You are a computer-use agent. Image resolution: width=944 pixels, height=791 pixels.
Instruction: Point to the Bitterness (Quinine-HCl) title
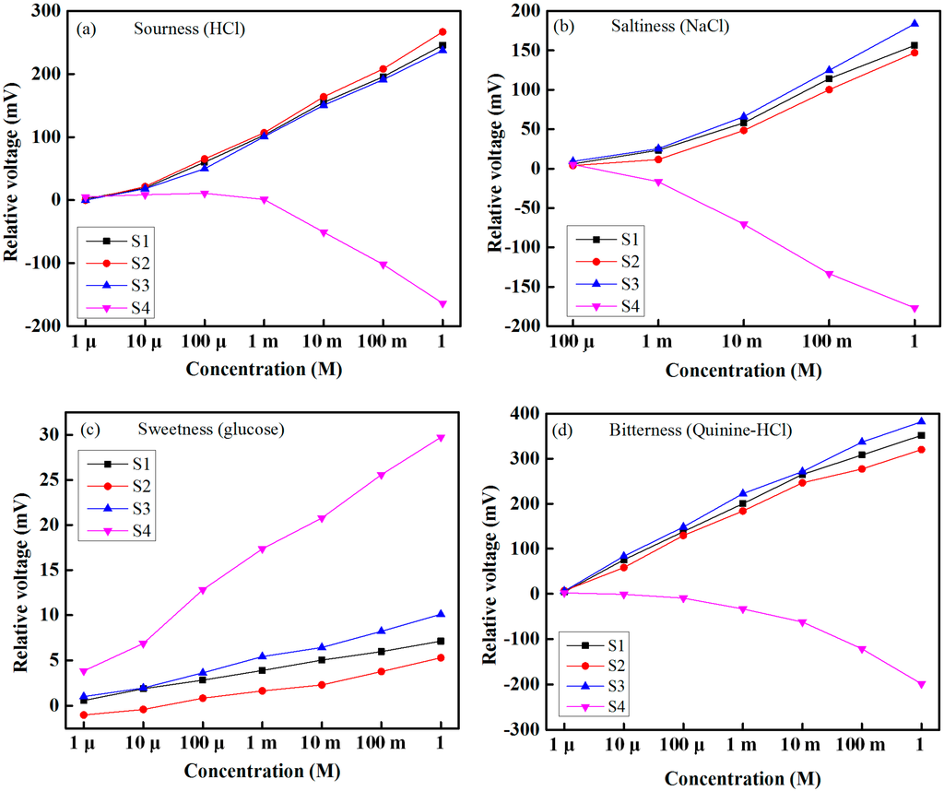click(x=678, y=430)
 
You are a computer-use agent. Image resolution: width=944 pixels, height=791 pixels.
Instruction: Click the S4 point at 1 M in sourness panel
click(x=442, y=303)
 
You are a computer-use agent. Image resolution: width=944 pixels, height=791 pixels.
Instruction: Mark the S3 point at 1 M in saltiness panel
click(x=915, y=23)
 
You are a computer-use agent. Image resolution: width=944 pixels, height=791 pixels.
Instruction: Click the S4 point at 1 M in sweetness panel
click(x=441, y=438)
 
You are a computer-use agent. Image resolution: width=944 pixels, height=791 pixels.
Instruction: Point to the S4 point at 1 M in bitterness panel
click(x=921, y=684)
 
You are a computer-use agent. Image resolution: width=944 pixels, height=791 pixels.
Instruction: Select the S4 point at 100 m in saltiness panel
click(x=829, y=274)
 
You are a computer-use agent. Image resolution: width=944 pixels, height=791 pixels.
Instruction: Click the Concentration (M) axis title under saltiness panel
click(x=743, y=371)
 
